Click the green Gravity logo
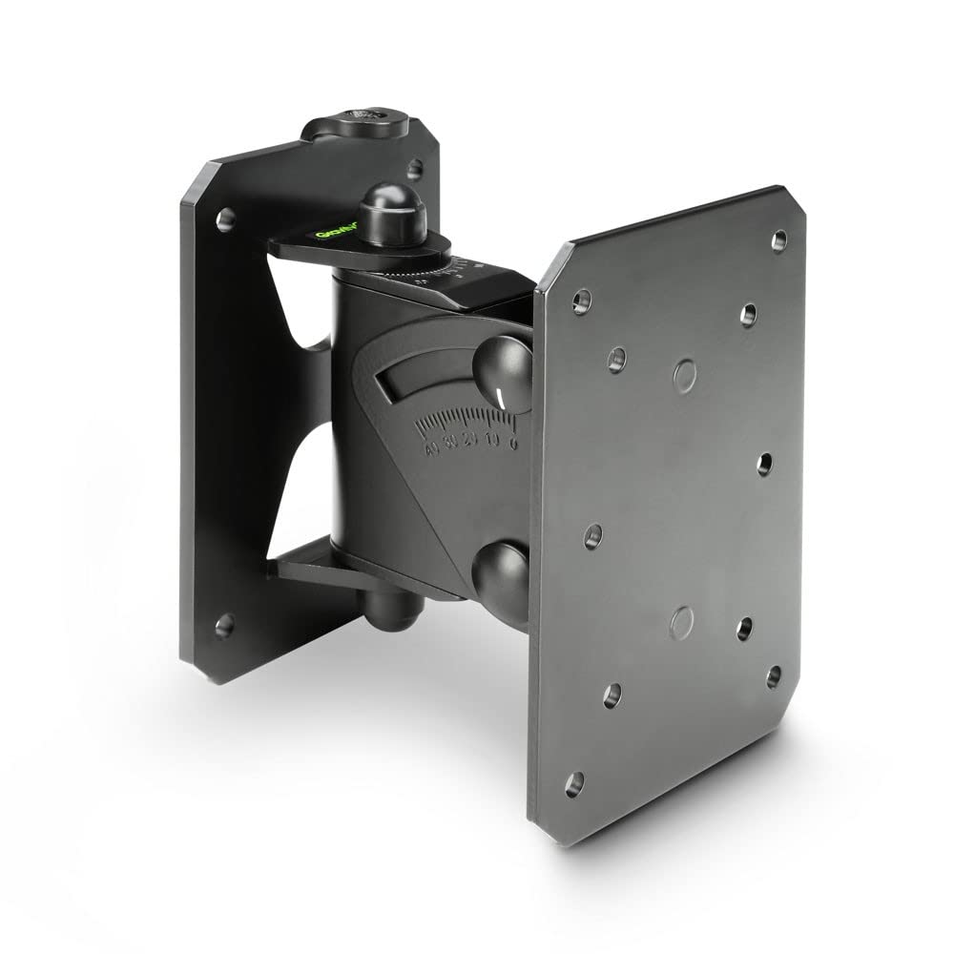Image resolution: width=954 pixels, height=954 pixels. point(336,232)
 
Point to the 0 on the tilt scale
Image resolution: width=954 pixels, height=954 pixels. point(513,443)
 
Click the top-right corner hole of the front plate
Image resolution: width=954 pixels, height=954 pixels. point(778,239)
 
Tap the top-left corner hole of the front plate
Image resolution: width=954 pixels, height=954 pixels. point(580,302)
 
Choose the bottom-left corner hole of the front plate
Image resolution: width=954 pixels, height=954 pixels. point(573,785)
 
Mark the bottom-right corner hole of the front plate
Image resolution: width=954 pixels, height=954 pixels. point(774,676)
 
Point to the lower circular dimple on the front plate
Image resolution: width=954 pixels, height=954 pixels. point(682,622)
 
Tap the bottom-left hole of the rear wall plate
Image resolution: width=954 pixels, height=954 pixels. point(224,626)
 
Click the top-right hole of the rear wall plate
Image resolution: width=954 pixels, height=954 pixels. point(413,169)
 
